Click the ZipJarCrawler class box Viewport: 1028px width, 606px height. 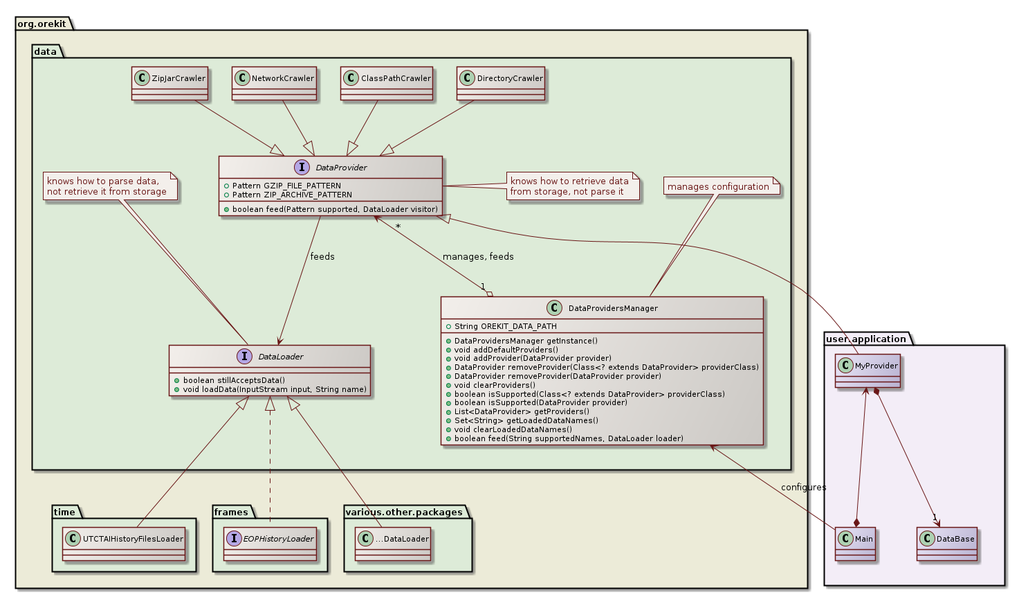click(170, 83)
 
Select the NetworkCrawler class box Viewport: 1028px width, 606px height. click(275, 83)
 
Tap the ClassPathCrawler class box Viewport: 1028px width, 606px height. click(387, 83)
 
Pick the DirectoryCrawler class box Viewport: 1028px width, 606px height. click(501, 83)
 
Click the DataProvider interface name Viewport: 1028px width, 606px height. click(341, 168)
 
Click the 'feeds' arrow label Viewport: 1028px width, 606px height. click(322, 257)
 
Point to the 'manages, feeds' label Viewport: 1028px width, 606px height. click(478, 257)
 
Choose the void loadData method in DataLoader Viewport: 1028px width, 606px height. click(275, 389)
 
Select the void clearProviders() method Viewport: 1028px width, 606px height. click(495, 385)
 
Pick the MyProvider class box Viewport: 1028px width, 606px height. click(869, 371)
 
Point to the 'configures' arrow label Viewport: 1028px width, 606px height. click(803, 488)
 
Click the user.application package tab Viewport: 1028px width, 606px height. click(866, 339)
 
